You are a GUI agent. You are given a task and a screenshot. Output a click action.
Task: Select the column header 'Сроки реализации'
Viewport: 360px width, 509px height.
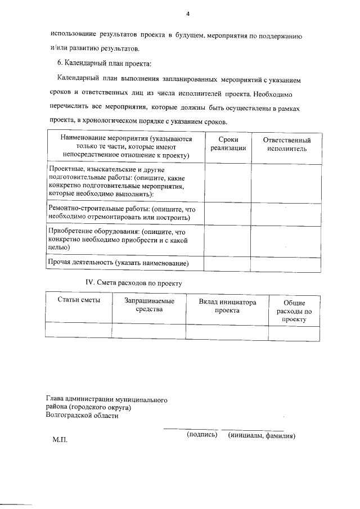pos(228,144)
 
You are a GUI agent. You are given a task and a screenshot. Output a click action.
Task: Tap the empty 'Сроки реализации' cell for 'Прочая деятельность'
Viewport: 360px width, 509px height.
pos(228,263)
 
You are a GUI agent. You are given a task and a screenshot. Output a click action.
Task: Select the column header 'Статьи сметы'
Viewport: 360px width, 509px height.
pos(79,301)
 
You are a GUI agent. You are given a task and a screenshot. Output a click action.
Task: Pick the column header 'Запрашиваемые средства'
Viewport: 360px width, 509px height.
pos(149,305)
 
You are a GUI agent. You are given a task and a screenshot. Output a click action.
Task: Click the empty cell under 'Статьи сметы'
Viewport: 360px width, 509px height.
pos(79,330)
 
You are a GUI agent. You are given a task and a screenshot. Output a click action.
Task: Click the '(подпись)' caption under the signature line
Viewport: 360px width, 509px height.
pos(201,435)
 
